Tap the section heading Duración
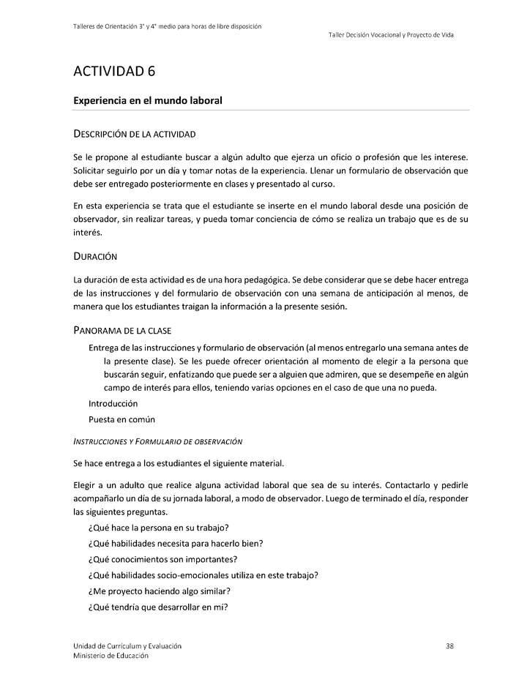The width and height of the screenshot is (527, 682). [x=96, y=257]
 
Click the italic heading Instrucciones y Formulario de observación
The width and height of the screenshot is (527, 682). [x=158, y=441]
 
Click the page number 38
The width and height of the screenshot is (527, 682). [x=449, y=645]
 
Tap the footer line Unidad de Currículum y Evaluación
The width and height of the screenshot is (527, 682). [x=127, y=645]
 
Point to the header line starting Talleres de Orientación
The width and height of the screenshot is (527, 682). [x=168, y=26]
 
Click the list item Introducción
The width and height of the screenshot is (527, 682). [x=113, y=403]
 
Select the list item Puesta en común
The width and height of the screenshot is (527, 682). [x=122, y=419]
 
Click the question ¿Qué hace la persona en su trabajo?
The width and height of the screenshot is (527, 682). [x=159, y=528]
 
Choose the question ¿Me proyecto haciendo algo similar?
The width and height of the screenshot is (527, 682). [x=160, y=591]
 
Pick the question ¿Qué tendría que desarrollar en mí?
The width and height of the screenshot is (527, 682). [x=158, y=606]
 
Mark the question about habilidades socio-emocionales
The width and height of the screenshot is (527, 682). [x=203, y=574]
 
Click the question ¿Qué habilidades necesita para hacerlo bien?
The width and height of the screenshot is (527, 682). [x=176, y=543]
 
